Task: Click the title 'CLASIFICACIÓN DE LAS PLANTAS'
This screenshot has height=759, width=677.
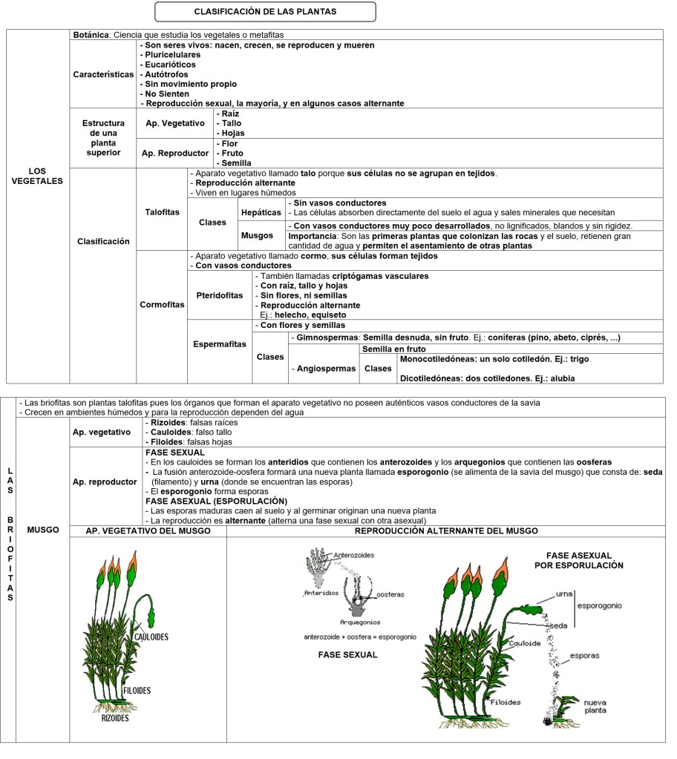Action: pos(265,12)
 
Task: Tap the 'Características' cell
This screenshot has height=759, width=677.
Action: pos(103,74)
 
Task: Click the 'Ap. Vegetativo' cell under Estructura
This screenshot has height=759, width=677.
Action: pos(173,123)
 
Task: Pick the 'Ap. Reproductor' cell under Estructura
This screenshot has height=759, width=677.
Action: pos(175,153)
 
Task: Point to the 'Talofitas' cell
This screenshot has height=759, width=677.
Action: pos(162,211)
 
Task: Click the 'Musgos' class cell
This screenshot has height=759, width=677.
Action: pos(257,235)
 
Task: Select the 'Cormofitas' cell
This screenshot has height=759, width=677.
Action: pos(162,304)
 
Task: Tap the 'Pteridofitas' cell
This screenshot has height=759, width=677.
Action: pos(220,295)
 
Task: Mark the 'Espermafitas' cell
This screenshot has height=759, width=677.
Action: pos(220,344)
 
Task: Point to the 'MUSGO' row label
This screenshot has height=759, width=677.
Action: pos(42,530)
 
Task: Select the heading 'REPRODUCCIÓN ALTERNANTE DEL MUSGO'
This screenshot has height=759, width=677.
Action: pos(446,530)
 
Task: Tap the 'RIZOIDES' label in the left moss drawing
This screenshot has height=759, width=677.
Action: pos(115,717)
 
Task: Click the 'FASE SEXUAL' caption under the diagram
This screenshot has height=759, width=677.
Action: pos(347,654)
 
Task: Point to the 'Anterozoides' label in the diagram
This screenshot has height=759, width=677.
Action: pos(354,555)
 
